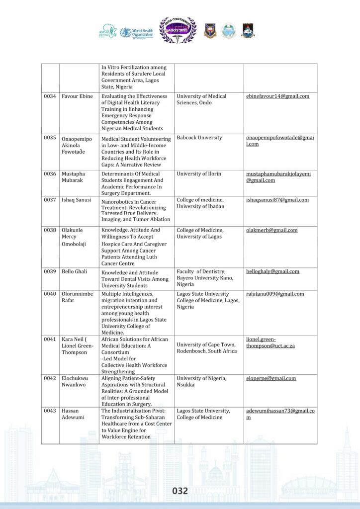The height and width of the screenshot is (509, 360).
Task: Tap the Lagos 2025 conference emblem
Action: pos(178,30)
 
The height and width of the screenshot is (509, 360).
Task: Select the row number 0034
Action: pos(49,96)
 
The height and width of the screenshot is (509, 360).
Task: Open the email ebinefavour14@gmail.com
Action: pos(277,96)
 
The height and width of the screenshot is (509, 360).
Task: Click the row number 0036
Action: pos(49,174)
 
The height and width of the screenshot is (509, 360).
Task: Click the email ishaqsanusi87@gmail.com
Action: pos(277,200)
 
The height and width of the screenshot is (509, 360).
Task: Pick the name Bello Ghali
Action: pos(75,272)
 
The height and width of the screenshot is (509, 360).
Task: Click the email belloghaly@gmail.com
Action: pos(272,271)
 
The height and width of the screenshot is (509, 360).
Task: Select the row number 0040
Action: pos(49,294)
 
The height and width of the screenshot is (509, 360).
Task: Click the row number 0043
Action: pos(49,411)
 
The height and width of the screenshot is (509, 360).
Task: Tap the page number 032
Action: pos(180,491)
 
